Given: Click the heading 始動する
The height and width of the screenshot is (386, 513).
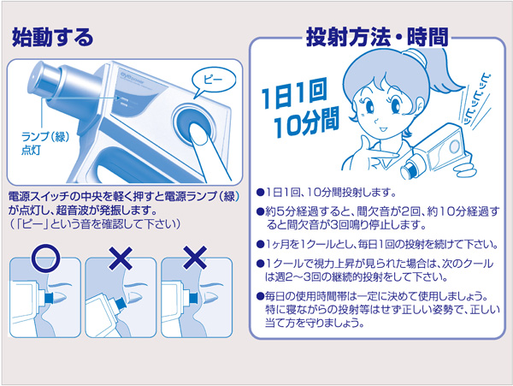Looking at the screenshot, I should tap(51, 38).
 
